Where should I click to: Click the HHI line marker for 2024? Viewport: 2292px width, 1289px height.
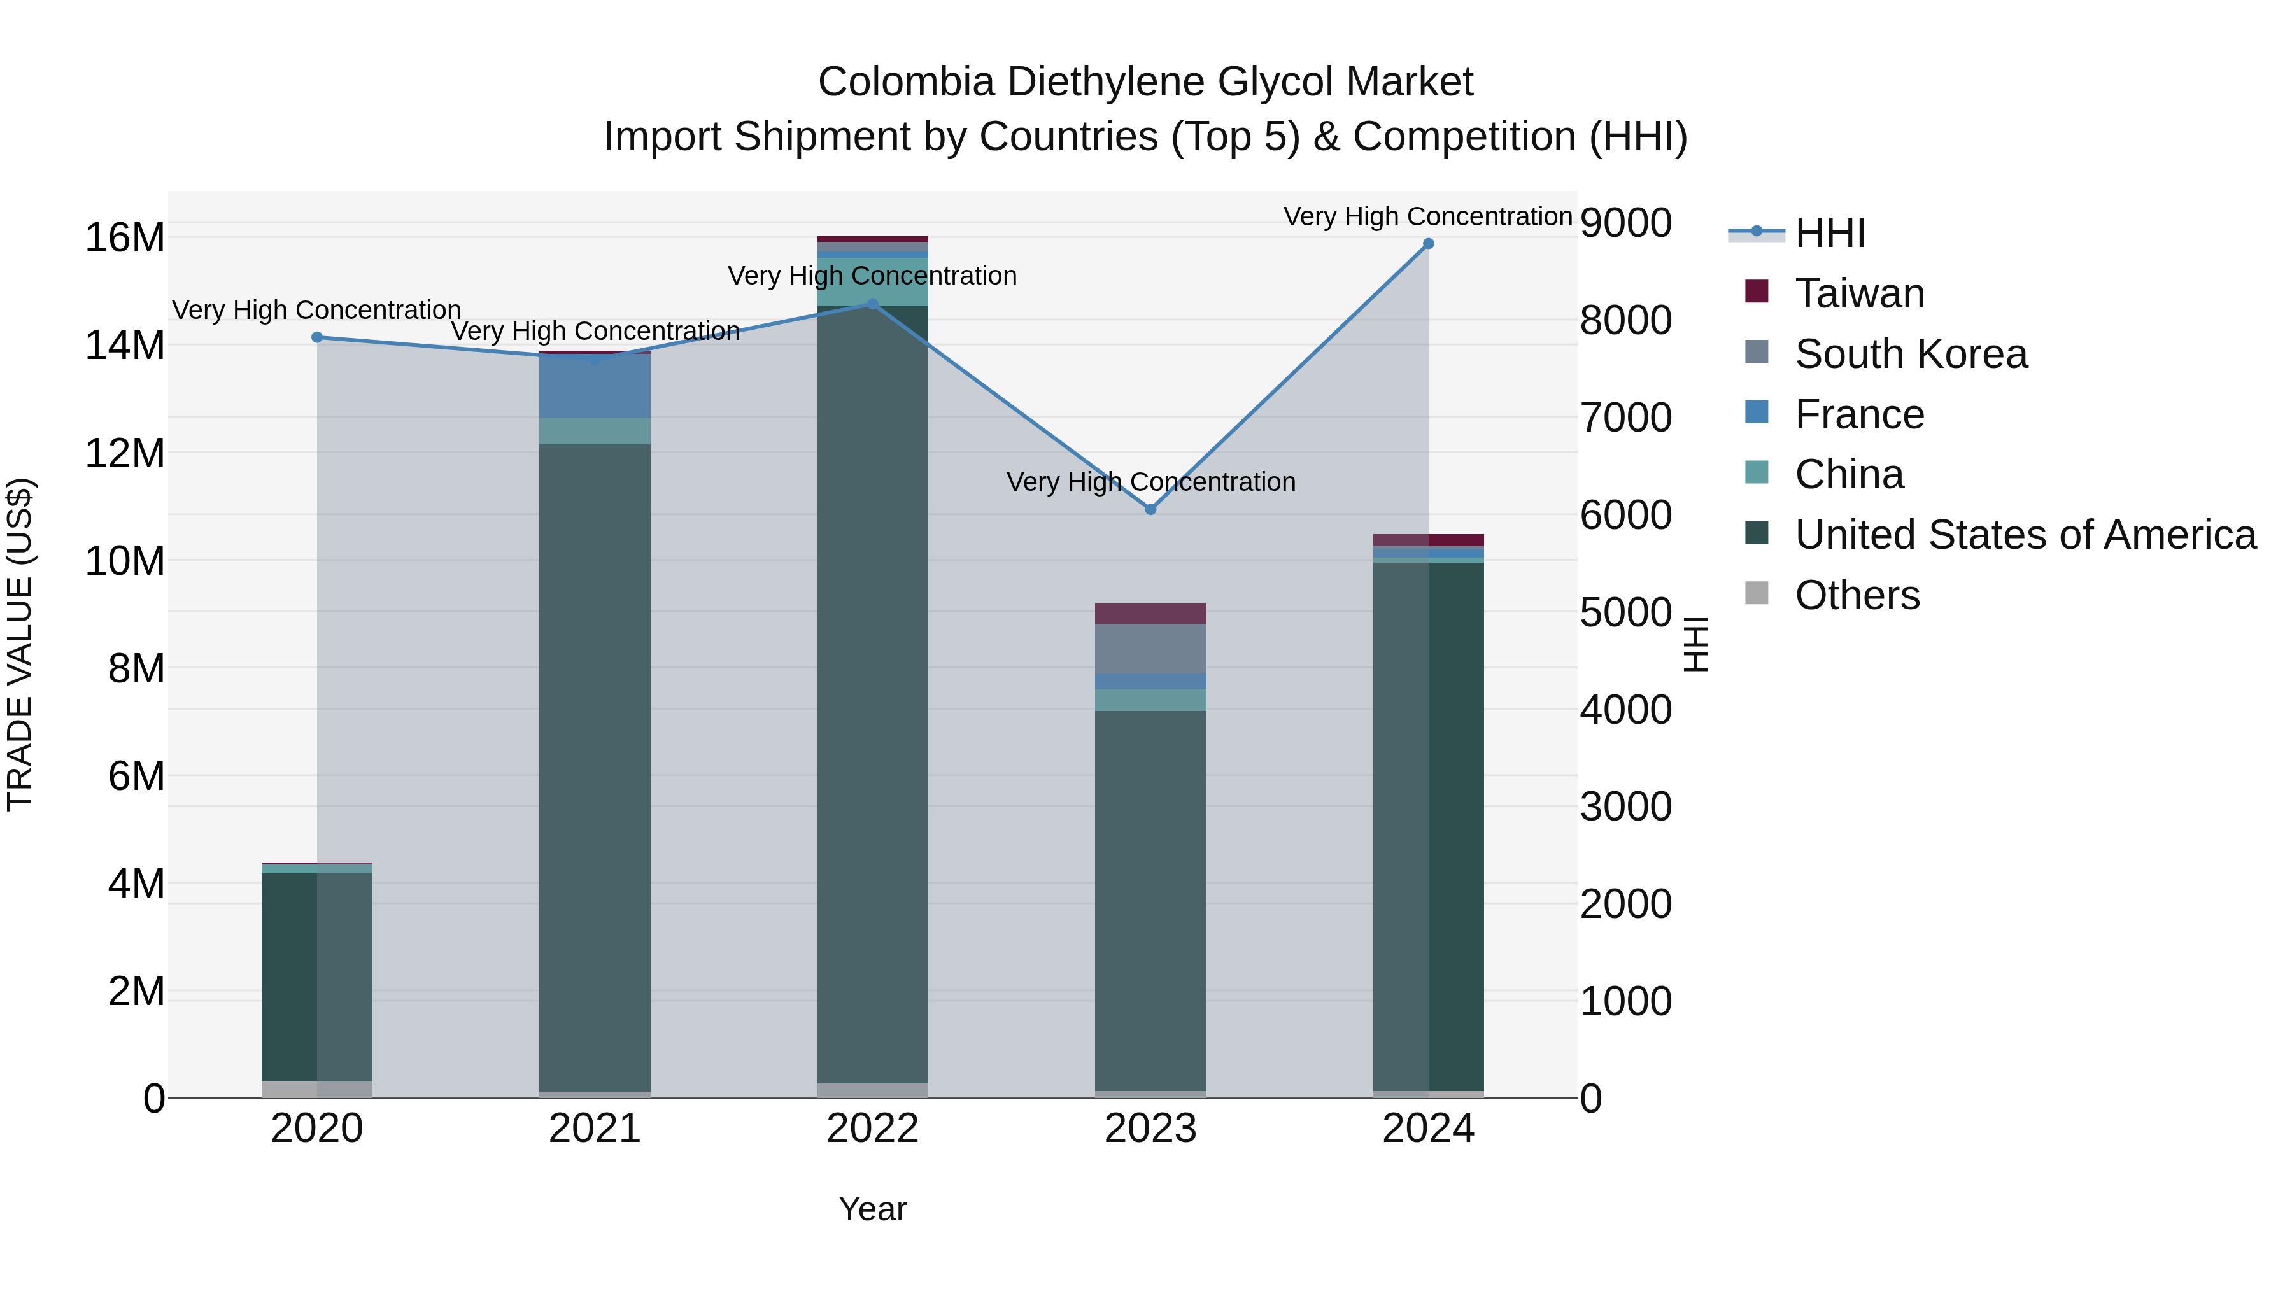tap(1428, 244)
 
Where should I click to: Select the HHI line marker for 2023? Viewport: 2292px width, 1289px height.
tap(1150, 510)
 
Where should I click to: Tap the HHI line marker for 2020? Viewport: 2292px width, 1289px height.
tap(317, 337)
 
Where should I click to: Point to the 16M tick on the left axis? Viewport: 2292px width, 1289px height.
tap(125, 239)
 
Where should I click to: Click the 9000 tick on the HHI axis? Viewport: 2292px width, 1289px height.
tap(1625, 223)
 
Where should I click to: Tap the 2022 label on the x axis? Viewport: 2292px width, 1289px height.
tap(872, 1129)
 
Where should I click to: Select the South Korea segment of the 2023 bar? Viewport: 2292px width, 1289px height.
tap(1150, 649)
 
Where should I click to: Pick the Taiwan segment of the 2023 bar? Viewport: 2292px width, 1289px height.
tap(1150, 614)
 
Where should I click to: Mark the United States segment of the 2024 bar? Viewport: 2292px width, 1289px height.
tap(1428, 828)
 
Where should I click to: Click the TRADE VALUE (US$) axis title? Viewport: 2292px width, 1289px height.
tap(20, 644)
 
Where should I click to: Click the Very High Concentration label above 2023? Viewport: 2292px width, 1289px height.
tap(1150, 482)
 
